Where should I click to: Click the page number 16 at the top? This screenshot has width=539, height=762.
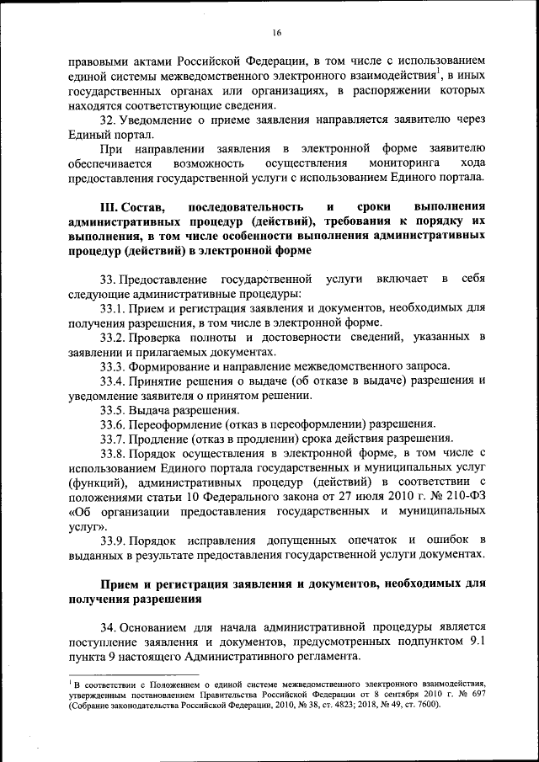pos(276,33)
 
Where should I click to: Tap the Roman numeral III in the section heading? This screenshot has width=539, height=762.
pos(110,207)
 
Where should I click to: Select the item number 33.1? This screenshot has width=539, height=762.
pos(113,310)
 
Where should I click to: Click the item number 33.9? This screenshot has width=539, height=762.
pos(113,538)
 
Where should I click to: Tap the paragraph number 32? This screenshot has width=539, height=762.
pos(107,120)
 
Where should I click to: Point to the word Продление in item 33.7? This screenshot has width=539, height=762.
pos(165,438)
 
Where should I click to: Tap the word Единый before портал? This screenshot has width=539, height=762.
pos(90,135)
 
